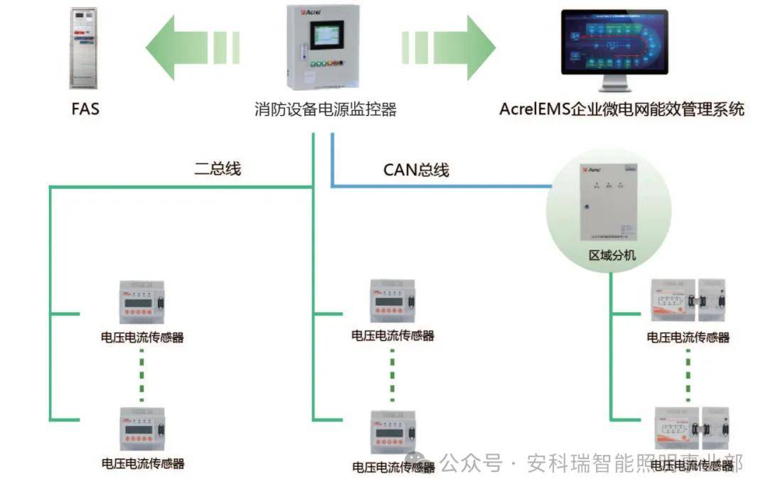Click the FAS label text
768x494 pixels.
point(85,109)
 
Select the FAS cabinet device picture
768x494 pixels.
point(83,48)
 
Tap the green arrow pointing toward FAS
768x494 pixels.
point(191,48)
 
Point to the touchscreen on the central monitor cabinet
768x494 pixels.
point(325,37)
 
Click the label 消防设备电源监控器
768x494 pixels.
point(325,109)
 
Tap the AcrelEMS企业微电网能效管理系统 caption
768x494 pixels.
point(622,109)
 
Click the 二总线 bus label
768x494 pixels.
point(218,168)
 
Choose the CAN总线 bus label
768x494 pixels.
point(416,170)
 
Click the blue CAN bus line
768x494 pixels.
point(441,187)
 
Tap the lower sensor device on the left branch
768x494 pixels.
point(142,429)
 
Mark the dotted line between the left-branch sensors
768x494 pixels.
point(142,372)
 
